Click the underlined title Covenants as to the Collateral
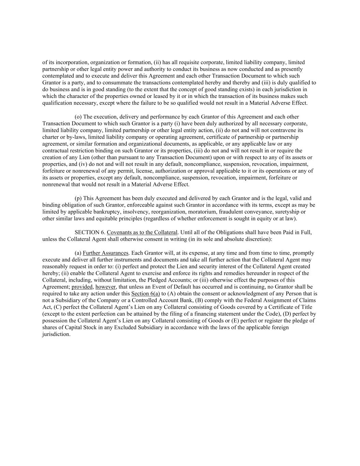tap(142, 232)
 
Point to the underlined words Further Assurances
tap(105, 253)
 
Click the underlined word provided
tap(82, 287)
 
